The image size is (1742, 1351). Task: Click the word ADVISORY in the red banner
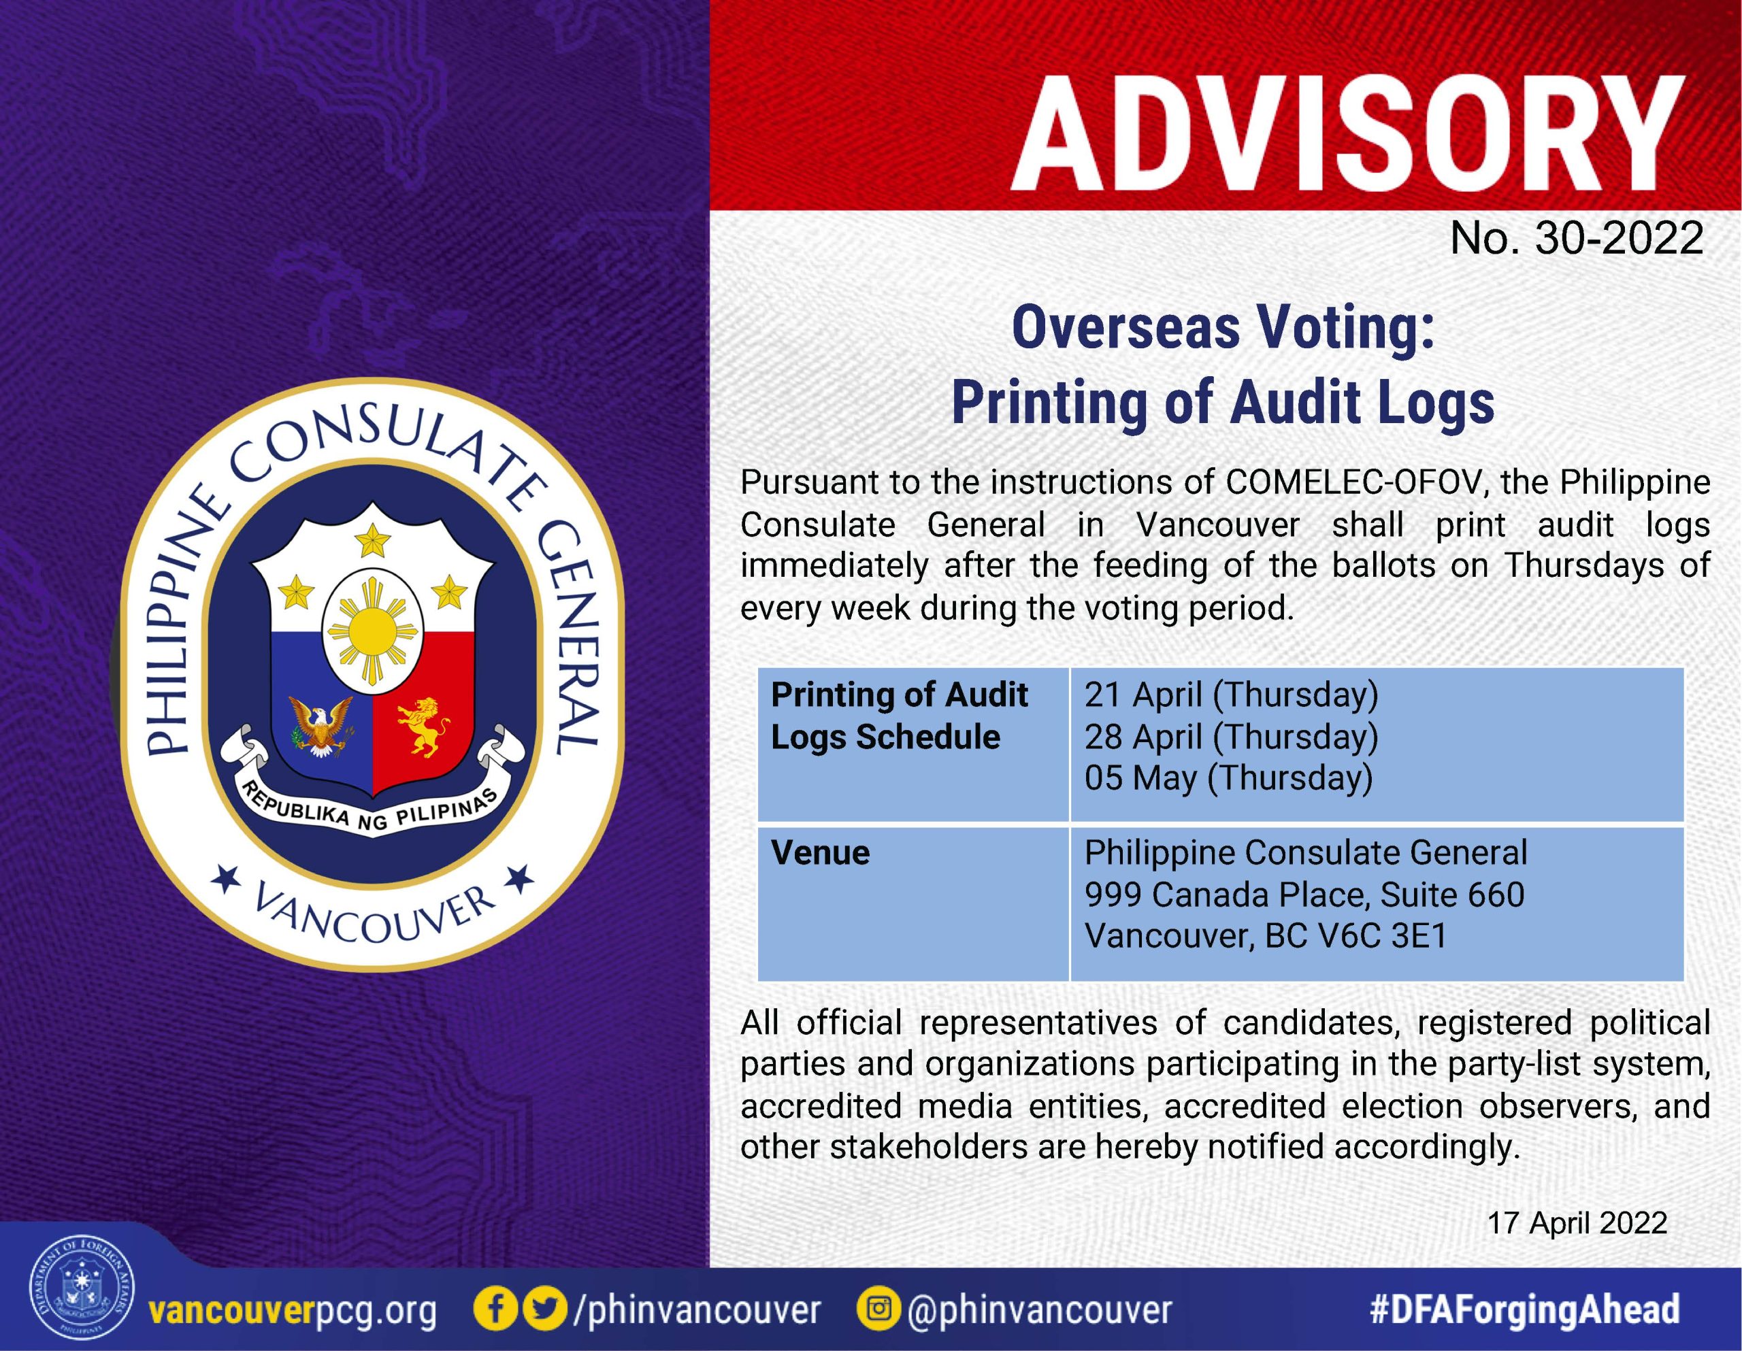(x=1349, y=134)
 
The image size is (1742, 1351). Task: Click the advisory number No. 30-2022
(x=1577, y=237)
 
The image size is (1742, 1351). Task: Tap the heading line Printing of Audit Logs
(x=1223, y=403)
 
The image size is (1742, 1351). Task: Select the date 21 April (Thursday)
(x=1231, y=695)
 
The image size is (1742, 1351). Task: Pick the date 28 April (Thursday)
(x=1231, y=737)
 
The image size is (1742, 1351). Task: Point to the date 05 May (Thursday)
(x=1228, y=778)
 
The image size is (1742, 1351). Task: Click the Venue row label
(x=820, y=852)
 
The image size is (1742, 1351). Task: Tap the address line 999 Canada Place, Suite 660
(x=1304, y=895)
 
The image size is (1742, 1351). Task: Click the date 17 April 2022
(x=1577, y=1222)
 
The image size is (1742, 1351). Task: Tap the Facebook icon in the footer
(x=495, y=1310)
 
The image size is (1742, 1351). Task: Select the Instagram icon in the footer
(x=879, y=1310)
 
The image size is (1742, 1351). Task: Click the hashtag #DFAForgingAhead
(x=1524, y=1310)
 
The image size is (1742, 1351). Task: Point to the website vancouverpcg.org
(x=293, y=1311)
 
